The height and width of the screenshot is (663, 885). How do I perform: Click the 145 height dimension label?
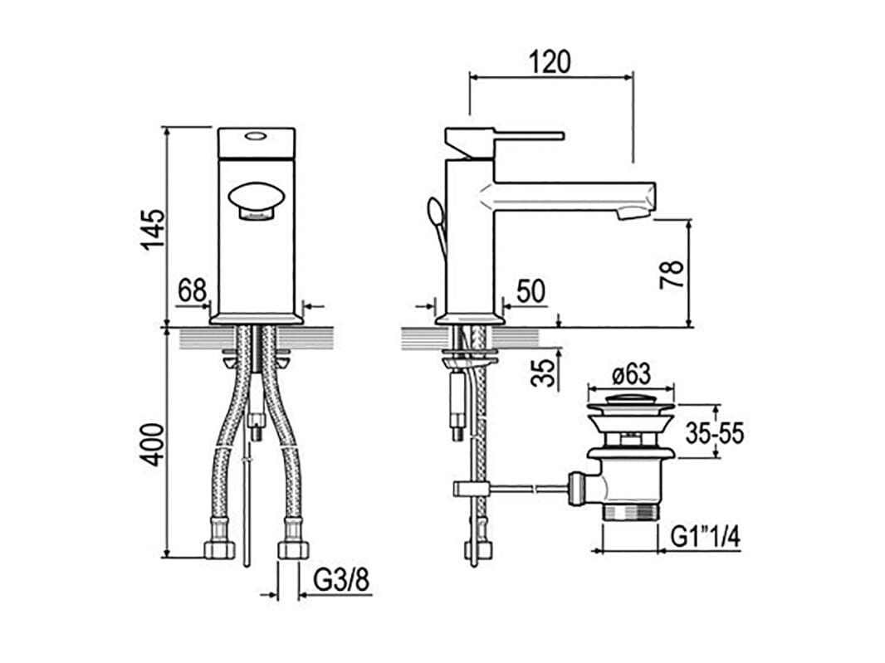point(153,229)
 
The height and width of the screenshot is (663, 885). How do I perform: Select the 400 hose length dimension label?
point(153,445)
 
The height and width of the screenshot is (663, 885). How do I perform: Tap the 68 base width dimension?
point(192,291)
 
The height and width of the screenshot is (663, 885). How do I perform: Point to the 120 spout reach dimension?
point(550,61)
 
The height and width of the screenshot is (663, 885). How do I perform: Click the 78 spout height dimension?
point(672,275)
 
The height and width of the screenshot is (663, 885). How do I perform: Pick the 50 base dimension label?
point(531,291)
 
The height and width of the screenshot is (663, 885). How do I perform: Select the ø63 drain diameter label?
point(632,374)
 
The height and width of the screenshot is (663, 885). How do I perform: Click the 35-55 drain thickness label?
point(715,433)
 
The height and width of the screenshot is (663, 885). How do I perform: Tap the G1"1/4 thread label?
point(705,536)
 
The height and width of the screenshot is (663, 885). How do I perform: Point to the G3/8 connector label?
point(341,580)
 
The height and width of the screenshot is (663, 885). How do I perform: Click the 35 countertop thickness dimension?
point(543,373)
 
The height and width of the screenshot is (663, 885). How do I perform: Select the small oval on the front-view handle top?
point(257,136)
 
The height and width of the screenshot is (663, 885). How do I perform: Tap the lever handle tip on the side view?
point(560,135)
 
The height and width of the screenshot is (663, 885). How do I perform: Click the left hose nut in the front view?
point(219,549)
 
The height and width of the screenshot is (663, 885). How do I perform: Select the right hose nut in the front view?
point(294,549)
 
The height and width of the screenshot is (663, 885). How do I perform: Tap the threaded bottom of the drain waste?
point(631,512)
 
